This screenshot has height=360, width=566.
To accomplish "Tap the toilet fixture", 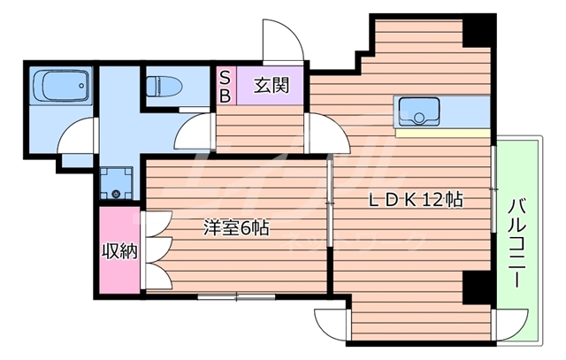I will [164, 86].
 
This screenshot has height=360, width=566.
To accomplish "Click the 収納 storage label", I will [119, 251].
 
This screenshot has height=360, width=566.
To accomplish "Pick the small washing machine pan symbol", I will [115, 183].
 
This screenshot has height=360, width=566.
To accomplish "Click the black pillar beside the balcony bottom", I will [478, 287].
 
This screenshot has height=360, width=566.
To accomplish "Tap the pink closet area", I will [119, 251].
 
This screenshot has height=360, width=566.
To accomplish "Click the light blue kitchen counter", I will [442, 112].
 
